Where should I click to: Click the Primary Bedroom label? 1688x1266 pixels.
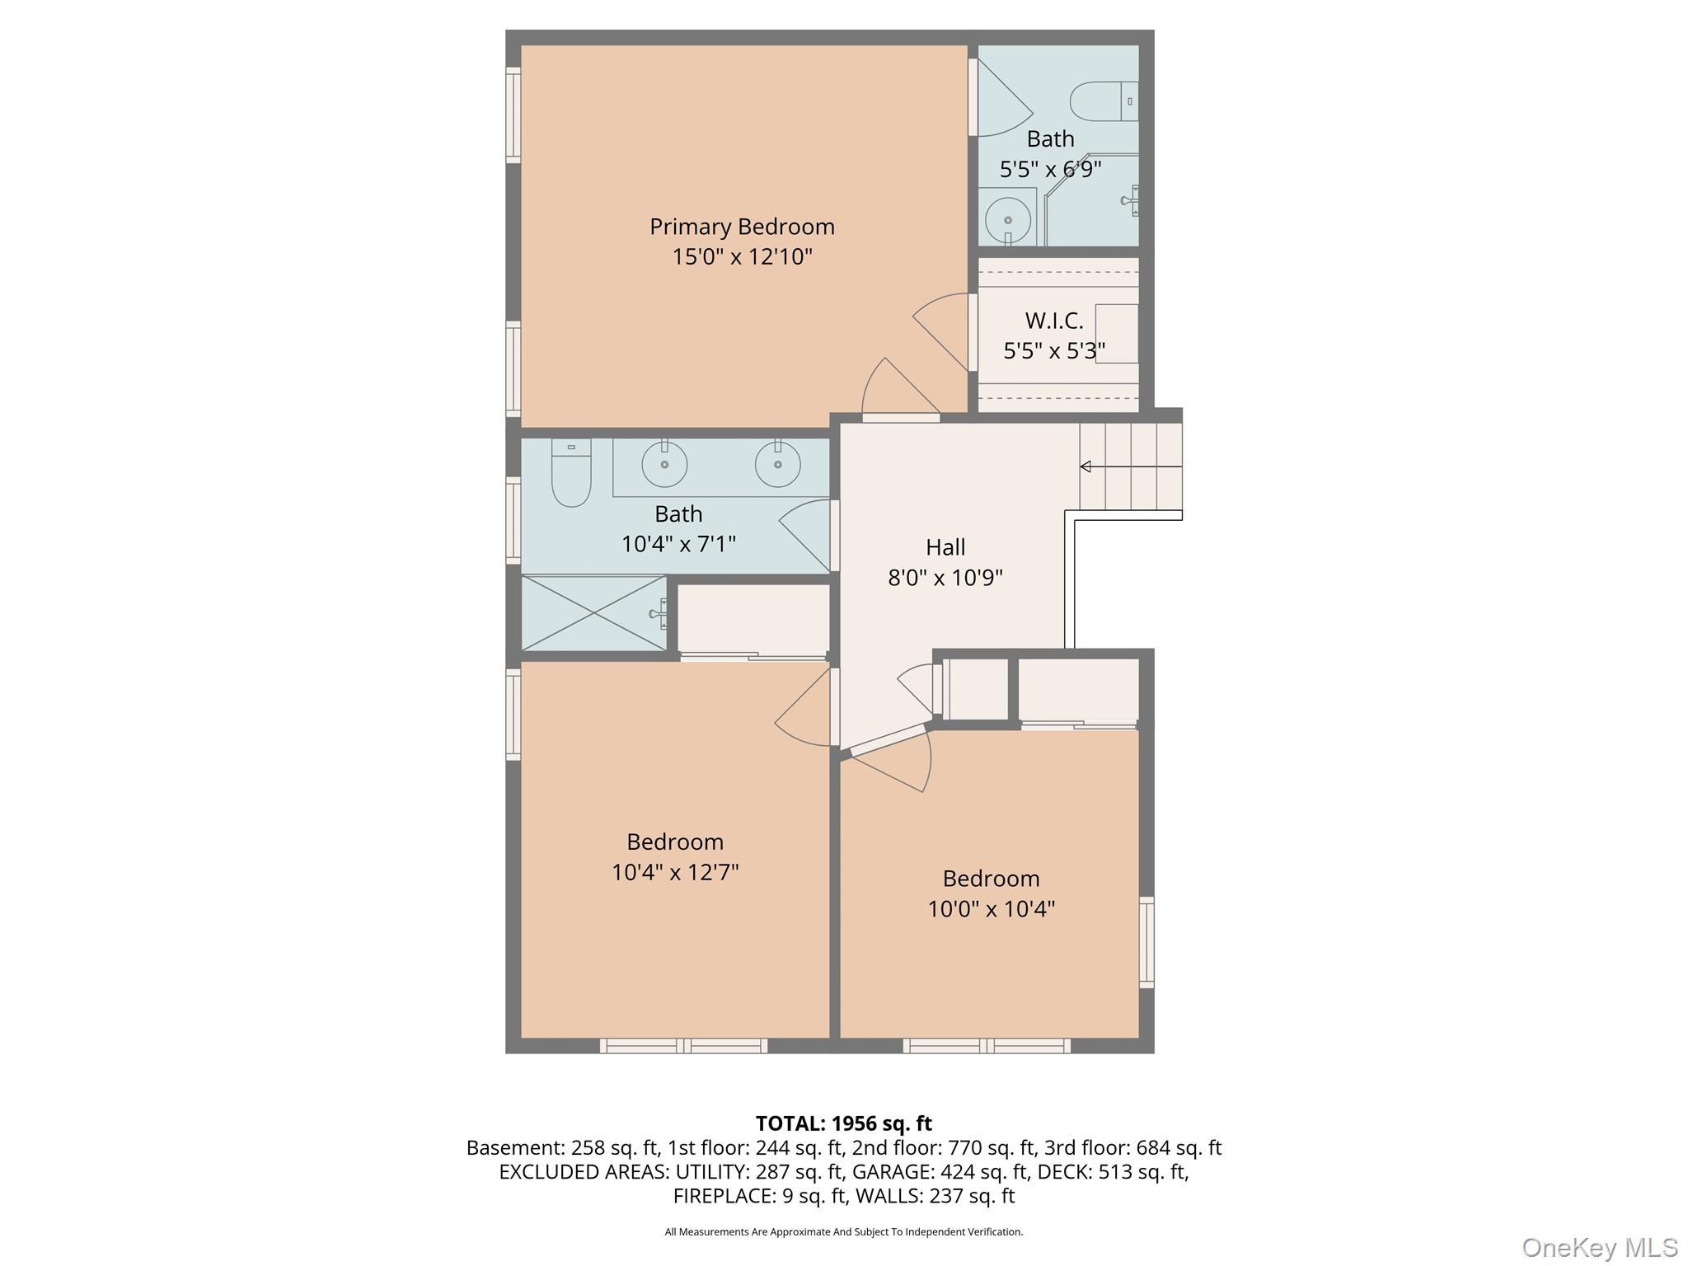[742, 226]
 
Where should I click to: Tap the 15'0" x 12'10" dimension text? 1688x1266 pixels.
[742, 256]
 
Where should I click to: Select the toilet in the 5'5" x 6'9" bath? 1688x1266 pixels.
[1103, 101]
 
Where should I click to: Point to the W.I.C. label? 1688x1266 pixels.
[1053, 320]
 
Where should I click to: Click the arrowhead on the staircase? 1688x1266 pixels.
[1085, 467]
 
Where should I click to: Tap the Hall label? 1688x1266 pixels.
[945, 546]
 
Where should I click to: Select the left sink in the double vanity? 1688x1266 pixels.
[664, 464]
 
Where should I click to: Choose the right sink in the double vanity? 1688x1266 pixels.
[777, 464]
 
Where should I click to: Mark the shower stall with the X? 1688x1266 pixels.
[593, 612]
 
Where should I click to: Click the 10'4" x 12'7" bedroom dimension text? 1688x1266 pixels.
[675, 872]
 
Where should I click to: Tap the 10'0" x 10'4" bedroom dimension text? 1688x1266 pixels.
[991, 908]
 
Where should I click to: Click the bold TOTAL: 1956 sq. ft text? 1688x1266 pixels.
[843, 1123]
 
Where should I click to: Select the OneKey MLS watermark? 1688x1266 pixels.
[1599, 1247]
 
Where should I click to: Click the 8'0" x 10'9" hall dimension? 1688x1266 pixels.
[945, 577]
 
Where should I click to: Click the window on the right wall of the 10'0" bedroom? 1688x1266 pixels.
[1146, 941]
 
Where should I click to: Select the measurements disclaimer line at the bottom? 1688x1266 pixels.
[843, 1232]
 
